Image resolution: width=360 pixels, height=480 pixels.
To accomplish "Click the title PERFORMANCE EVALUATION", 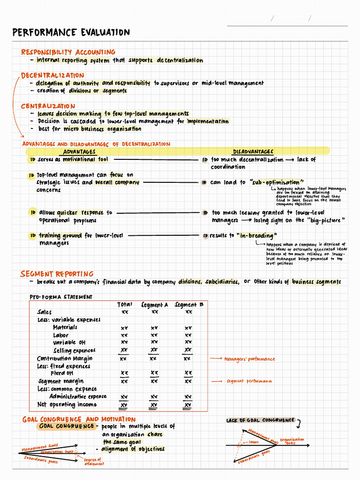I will [71, 32].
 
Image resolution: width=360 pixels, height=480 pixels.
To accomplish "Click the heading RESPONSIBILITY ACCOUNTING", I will [68, 52].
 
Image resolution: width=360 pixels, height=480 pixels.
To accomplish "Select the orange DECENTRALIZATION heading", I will [52, 75].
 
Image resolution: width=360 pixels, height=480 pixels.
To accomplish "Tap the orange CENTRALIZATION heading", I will [48, 106].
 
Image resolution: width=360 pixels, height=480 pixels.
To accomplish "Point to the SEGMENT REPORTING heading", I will [57, 274].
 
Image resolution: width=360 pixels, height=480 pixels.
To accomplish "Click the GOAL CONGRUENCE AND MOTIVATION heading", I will [79, 419].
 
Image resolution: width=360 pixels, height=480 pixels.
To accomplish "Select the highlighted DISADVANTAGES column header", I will [253, 151].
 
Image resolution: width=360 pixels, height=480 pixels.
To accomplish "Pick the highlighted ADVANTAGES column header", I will [79, 151].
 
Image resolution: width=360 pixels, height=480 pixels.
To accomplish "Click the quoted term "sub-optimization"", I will [277, 182].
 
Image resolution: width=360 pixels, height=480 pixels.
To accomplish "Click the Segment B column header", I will [189, 305].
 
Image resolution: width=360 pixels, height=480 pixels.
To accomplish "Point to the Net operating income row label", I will [67, 405].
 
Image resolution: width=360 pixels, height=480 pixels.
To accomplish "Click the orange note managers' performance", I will [249, 359].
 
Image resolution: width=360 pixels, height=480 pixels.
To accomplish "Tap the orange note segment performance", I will [249, 382].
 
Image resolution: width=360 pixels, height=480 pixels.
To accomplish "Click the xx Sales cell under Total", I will [125, 312].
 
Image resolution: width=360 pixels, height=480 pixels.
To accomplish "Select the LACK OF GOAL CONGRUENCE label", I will [260, 420].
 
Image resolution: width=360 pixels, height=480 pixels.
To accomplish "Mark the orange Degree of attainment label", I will [94, 462].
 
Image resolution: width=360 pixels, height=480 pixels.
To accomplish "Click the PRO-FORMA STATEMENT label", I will [61, 297].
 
